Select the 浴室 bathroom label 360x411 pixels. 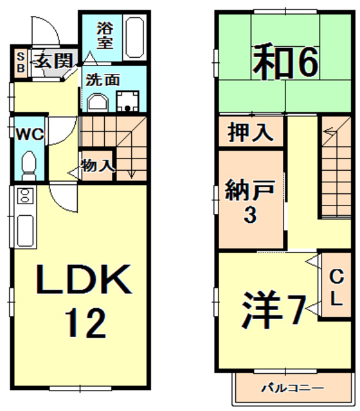[105, 36]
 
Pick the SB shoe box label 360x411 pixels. [20, 62]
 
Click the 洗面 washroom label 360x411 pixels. [103, 81]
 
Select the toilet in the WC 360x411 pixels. [30, 165]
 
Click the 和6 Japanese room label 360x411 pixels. [285, 62]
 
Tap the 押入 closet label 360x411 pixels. [250, 134]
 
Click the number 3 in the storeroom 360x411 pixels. [249, 216]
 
